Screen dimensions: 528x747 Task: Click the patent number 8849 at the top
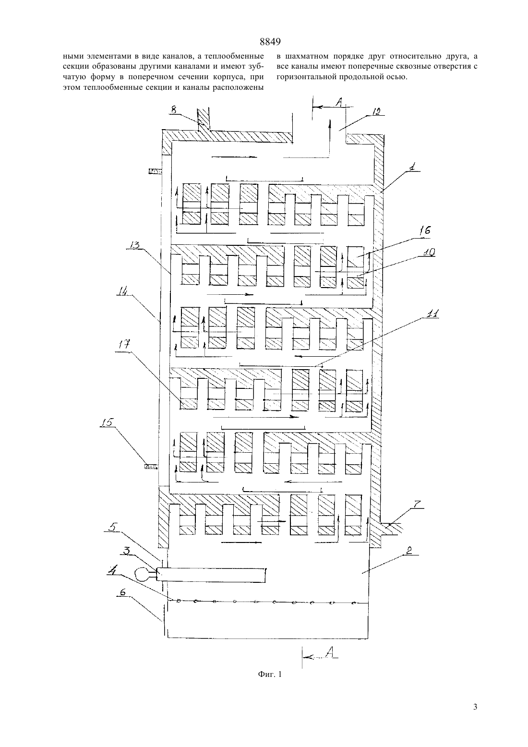pyautogui.click(x=270, y=42)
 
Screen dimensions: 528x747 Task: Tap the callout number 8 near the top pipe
pyautogui.click(x=173, y=109)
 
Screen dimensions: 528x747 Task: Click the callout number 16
pyautogui.click(x=425, y=230)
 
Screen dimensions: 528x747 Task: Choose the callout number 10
pyautogui.click(x=429, y=253)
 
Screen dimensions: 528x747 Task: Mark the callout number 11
pyautogui.click(x=433, y=314)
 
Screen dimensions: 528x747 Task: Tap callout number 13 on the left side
pyautogui.click(x=134, y=245)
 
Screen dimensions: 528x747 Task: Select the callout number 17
pyautogui.click(x=123, y=344)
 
